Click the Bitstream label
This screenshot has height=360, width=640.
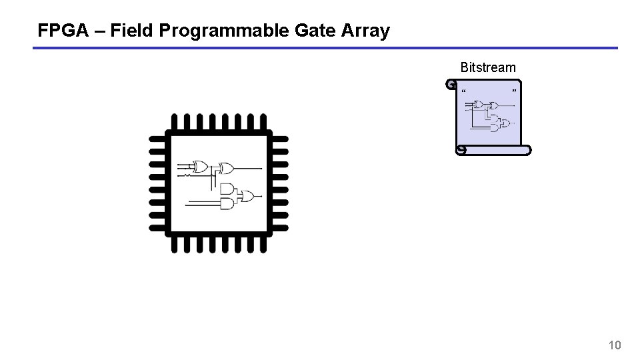coord(487,67)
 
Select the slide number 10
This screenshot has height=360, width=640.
coord(615,345)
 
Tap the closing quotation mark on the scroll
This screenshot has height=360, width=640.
coord(514,90)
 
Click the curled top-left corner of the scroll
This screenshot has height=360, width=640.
coord(451,85)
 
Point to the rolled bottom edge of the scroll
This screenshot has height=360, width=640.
coord(493,150)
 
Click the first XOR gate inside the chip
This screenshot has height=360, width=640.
coord(199,167)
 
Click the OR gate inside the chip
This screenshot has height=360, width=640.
coord(247,196)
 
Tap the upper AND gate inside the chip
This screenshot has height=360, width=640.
coord(227,189)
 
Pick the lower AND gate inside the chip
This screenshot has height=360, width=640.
coord(227,203)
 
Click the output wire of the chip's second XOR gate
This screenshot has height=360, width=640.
coord(248,167)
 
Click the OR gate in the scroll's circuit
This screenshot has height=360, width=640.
coord(505,123)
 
